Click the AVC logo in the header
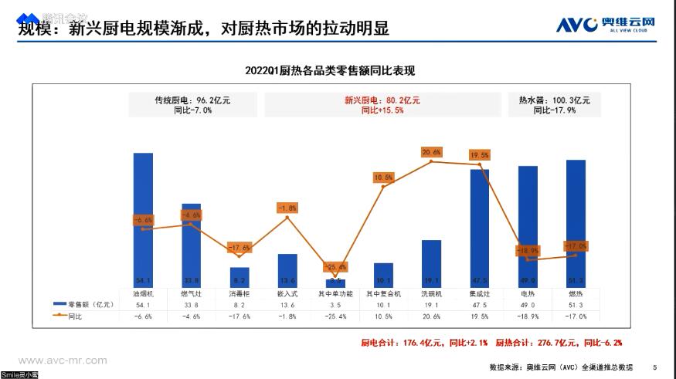point(606,25)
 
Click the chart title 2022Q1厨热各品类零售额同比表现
point(330,71)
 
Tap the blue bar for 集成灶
point(480,228)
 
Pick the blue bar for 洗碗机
point(431,263)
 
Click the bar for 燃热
point(576,224)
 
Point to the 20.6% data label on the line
point(431,152)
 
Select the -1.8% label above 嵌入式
point(287,208)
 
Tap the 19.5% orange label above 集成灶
point(479,155)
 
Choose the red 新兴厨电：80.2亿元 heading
point(382,100)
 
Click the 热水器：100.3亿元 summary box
point(555,105)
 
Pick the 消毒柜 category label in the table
point(239,294)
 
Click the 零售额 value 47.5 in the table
point(480,305)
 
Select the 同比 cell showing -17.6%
point(239,316)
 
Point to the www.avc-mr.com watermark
point(63,360)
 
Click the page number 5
point(655,367)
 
